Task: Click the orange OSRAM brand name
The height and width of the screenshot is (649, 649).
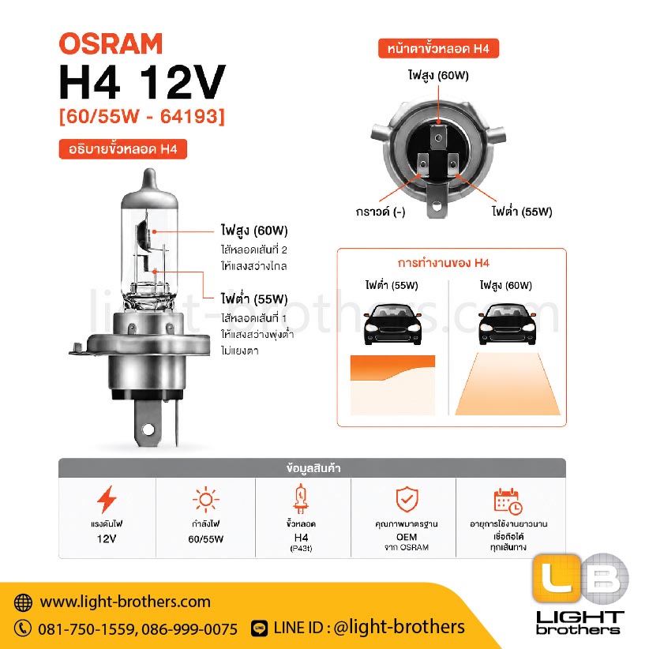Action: click(111, 43)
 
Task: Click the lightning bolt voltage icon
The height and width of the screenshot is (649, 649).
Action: click(107, 499)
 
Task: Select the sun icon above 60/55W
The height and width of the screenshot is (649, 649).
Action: click(206, 500)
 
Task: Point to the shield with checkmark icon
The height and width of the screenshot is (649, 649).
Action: click(407, 499)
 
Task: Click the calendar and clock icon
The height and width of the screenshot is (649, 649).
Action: click(508, 501)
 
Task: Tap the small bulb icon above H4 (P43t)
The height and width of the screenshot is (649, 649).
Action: click(301, 499)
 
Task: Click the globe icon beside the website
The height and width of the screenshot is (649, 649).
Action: click(23, 602)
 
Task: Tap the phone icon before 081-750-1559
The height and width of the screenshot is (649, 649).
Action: click(23, 628)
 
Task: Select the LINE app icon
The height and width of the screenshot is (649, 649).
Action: click(260, 628)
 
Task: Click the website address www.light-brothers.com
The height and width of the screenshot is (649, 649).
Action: click(125, 602)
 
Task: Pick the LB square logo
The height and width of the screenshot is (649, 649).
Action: click(580, 578)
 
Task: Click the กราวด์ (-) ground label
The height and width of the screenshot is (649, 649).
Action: click(381, 212)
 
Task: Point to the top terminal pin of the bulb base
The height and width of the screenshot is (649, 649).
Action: click(438, 137)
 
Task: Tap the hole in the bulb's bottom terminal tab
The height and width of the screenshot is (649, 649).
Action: click(148, 430)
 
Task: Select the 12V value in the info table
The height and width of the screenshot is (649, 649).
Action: click(107, 539)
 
